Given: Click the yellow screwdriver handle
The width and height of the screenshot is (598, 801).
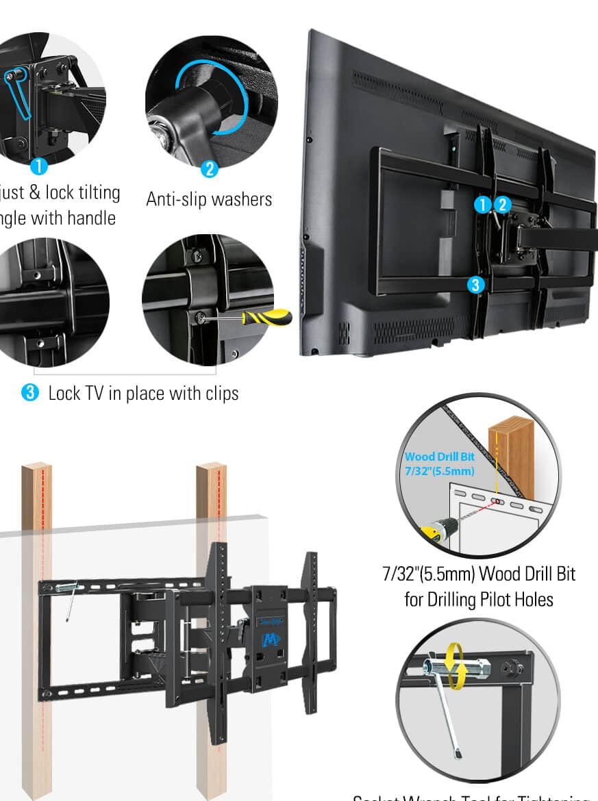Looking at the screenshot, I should [270, 317].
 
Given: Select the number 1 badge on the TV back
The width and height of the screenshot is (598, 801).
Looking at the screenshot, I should [484, 204].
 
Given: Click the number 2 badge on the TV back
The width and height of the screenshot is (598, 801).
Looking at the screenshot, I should [502, 204].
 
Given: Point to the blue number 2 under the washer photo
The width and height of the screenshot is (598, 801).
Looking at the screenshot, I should [209, 168].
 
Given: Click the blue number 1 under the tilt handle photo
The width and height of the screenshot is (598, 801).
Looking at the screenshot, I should [39, 166].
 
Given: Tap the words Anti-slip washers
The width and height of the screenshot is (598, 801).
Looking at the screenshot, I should [209, 199].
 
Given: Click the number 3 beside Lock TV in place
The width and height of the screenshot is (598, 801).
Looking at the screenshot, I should [30, 393].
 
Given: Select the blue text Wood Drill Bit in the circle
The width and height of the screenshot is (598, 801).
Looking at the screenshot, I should [439, 457].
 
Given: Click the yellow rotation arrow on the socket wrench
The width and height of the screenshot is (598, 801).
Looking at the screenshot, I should [453, 665].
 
